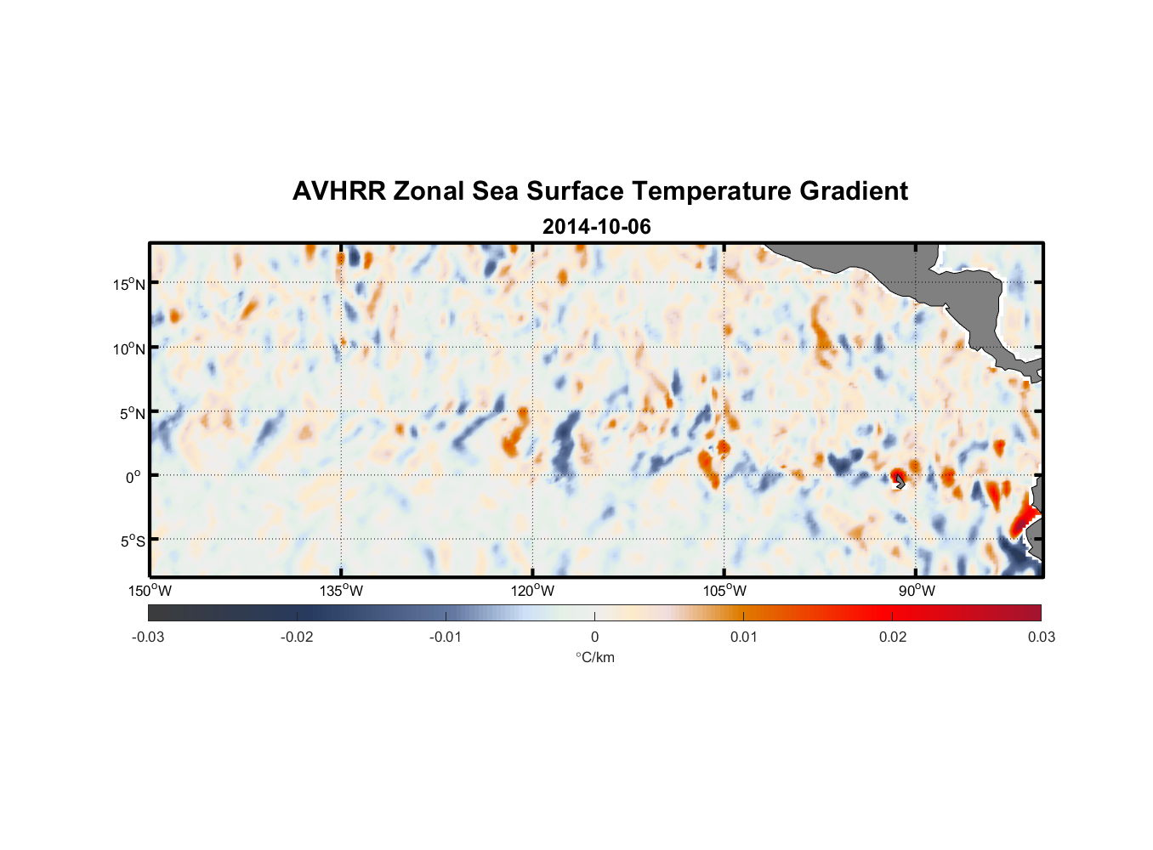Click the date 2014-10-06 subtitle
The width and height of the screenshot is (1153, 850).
596,227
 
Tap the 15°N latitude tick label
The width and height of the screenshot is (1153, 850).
129,284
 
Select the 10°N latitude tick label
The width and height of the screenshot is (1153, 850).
129,348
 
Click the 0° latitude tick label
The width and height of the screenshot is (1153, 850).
134,477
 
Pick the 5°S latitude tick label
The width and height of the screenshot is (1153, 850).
133,541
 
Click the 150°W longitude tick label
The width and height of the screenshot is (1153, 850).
151,591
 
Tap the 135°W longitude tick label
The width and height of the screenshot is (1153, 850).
342,591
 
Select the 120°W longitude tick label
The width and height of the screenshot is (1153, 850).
533,591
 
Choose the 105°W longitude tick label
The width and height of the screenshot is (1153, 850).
724,591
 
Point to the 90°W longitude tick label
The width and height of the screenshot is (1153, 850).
917,591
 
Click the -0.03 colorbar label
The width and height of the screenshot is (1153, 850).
148,637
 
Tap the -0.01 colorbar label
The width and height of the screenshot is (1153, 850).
446,637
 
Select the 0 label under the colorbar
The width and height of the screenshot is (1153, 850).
594,637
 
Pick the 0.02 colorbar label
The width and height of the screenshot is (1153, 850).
893,637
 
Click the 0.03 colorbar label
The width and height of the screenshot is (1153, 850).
1041,637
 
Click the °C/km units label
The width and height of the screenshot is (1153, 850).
594,657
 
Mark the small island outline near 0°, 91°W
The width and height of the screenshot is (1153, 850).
900,481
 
